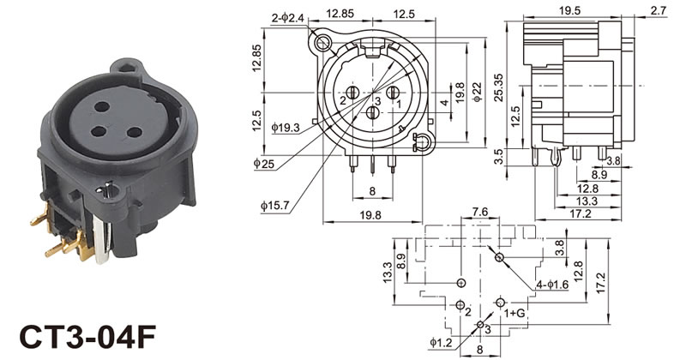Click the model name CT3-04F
coord(87,337)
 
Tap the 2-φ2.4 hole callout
coord(287,18)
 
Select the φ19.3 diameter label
coord(286,128)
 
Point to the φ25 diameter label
coord(263,164)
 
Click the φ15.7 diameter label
coord(274,206)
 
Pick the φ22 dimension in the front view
coord(478,93)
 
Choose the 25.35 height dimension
coord(498,87)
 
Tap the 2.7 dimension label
coord(659,10)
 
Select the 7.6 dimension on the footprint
coord(480,213)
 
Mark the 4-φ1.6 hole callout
coord(552,285)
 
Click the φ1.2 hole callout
coord(441,343)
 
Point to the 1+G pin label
coord(514,313)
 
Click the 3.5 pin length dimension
coord(498,157)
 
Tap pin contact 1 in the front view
coord(393,93)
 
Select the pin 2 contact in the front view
coord(352,93)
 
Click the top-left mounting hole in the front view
coord(323,43)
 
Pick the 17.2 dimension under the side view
coord(581,213)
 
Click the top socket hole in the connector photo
coord(101,106)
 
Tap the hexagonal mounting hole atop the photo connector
coord(127,68)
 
